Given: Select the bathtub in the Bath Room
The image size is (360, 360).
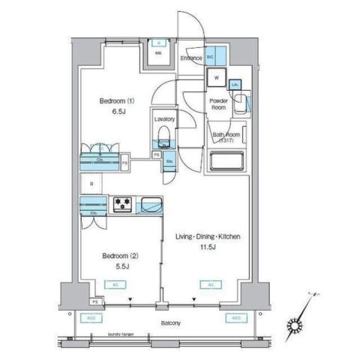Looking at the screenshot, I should [x=227, y=162].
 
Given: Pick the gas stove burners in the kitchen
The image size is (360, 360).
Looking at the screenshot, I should [x=122, y=203].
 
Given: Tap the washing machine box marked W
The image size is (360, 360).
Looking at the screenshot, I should [x=216, y=77].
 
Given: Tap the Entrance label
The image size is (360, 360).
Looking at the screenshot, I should [x=190, y=58].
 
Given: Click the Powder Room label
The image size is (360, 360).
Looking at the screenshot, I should [x=218, y=103].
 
